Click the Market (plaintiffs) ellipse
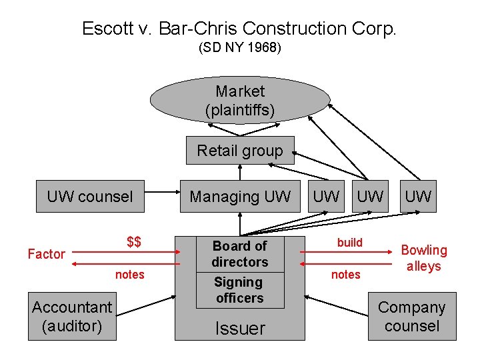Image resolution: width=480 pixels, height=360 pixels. (x=240, y=101)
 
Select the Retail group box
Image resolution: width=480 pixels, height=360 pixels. (x=240, y=151)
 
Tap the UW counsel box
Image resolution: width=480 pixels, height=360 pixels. (x=90, y=197)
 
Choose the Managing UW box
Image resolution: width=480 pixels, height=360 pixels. (x=240, y=197)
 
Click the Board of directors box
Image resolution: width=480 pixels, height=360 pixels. (x=240, y=254)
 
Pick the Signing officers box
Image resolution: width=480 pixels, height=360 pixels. (x=240, y=290)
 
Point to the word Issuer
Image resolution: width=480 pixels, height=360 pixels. (x=240, y=328)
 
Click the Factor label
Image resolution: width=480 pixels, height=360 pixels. (x=46, y=254)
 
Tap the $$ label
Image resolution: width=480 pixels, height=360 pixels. (x=134, y=241)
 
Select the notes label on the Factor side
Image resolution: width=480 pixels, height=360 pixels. (x=129, y=275)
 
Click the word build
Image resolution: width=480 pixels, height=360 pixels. (x=349, y=243)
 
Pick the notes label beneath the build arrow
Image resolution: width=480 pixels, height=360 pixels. (x=345, y=275)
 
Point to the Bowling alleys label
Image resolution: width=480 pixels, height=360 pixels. (x=423, y=258)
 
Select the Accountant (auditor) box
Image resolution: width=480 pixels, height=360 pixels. (x=72, y=317)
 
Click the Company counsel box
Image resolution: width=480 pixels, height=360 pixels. (x=412, y=317)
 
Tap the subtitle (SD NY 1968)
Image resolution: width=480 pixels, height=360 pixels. (x=240, y=49)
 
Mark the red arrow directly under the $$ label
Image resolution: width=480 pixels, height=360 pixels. (x=123, y=253)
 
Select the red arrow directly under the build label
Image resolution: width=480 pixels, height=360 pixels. (x=347, y=253)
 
